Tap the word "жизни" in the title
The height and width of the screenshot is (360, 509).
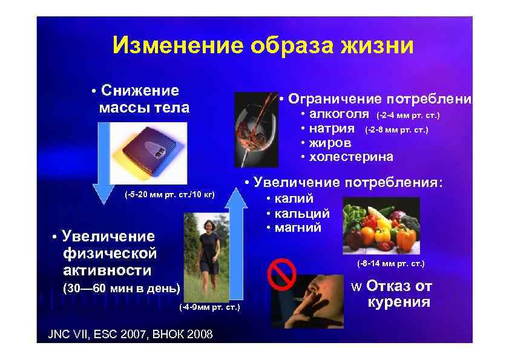pos(378,45)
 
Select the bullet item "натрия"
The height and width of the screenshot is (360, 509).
pos(331,128)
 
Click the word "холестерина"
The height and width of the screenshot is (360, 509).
pos(350,157)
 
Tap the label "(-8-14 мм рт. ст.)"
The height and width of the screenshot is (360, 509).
pos(391,264)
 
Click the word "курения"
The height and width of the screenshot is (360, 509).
pos(399,302)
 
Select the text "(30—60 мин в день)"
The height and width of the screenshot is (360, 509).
pos(122,288)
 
